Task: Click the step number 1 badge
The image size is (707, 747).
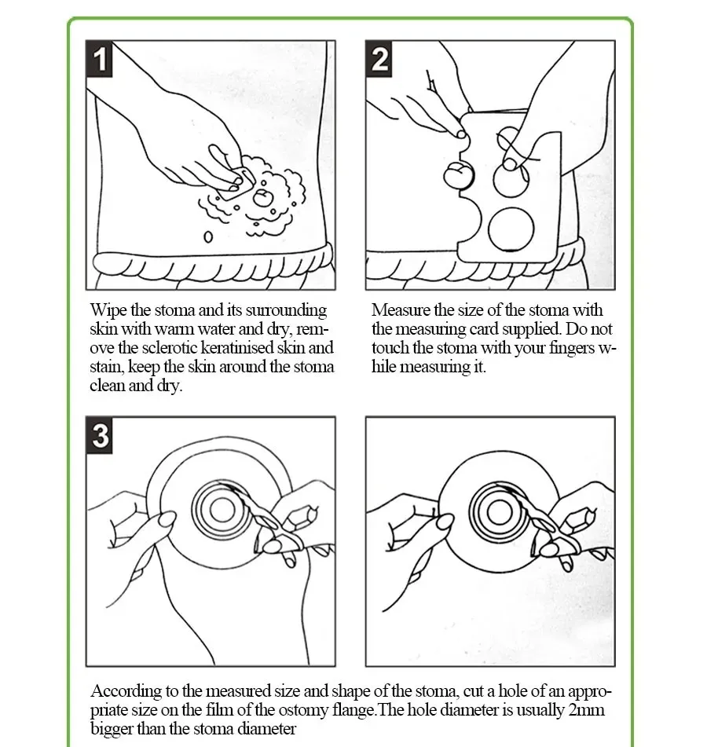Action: (100, 60)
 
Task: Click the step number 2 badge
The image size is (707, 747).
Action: (380, 60)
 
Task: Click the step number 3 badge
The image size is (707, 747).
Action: (100, 434)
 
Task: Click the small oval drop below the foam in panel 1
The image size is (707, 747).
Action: (208, 236)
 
